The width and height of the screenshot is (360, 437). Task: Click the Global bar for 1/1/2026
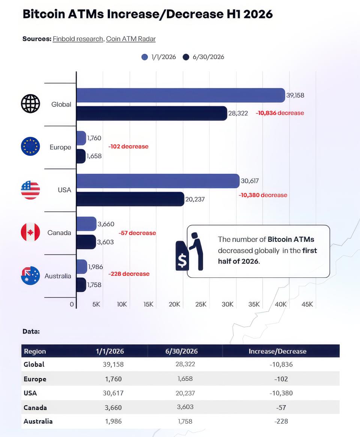point(181,95)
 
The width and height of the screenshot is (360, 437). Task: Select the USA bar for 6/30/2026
point(130,199)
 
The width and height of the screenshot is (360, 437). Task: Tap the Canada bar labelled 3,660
point(87,224)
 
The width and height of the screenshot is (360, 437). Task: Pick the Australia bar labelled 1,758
point(81,285)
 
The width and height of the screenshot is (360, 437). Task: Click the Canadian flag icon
point(30,232)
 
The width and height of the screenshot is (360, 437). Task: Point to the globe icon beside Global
point(30,104)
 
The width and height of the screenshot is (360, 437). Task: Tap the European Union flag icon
point(30,146)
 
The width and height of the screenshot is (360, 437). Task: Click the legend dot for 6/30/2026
point(186,57)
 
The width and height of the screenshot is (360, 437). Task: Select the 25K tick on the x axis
point(201,304)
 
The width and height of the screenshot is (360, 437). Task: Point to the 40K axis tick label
point(280,304)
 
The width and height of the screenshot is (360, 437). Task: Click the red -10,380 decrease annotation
point(263,195)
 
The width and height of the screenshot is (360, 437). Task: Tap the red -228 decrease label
point(129,274)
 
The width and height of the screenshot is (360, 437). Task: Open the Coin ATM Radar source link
point(131,39)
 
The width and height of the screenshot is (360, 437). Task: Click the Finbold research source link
point(78,39)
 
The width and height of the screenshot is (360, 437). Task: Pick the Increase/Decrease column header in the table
point(277,352)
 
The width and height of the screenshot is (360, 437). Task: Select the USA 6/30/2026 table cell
point(185,393)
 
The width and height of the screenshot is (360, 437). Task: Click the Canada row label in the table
point(35,408)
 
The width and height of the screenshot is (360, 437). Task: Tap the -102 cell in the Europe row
point(281,379)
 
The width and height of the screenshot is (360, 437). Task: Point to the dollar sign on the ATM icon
point(182,260)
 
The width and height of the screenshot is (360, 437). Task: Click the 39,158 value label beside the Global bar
point(295,95)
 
